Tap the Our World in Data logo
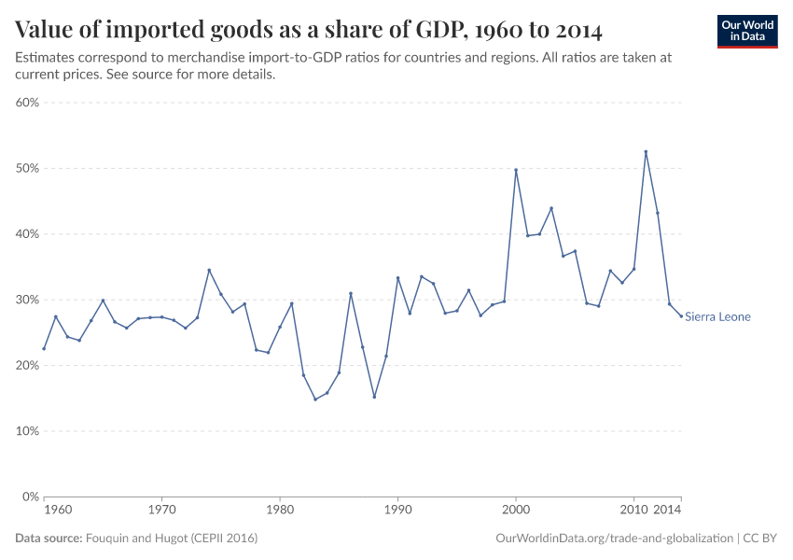coord(747,31)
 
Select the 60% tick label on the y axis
coord(26,103)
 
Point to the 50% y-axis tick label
coord(26,168)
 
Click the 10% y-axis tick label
coord(26,431)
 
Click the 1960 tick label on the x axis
coord(58,511)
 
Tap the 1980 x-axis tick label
coord(280,511)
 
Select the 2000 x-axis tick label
coord(516,511)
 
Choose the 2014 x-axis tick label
coord(667,511)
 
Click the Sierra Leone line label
coord(717,316)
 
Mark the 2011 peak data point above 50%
coord(646,151)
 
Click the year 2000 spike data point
coord(516,170)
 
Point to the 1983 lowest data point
coord(315,399)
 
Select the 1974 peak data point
coord(209,270)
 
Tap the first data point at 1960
coord(44,348)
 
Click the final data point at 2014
coord(681,315)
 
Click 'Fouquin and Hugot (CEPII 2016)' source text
coord(172,539)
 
